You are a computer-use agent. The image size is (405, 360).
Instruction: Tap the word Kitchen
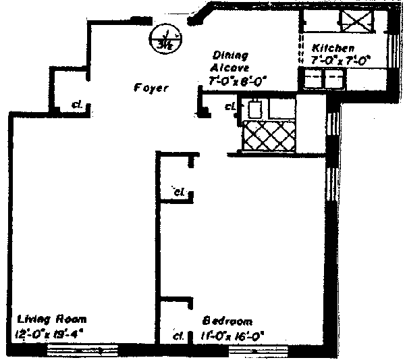333,49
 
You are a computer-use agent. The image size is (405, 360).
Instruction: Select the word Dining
232,55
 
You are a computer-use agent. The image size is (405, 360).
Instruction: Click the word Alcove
231,68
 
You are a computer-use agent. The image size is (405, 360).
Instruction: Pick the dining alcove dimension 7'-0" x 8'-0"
238,82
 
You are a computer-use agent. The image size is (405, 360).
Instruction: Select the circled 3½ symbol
166,38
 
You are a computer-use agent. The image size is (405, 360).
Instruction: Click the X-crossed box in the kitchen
352,20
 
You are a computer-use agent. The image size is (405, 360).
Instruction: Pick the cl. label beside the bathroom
230,106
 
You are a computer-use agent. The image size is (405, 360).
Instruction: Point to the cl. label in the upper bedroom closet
178,192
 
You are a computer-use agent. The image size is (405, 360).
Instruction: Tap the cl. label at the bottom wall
179,335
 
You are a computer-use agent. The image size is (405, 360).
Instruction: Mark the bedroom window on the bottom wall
257,350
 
